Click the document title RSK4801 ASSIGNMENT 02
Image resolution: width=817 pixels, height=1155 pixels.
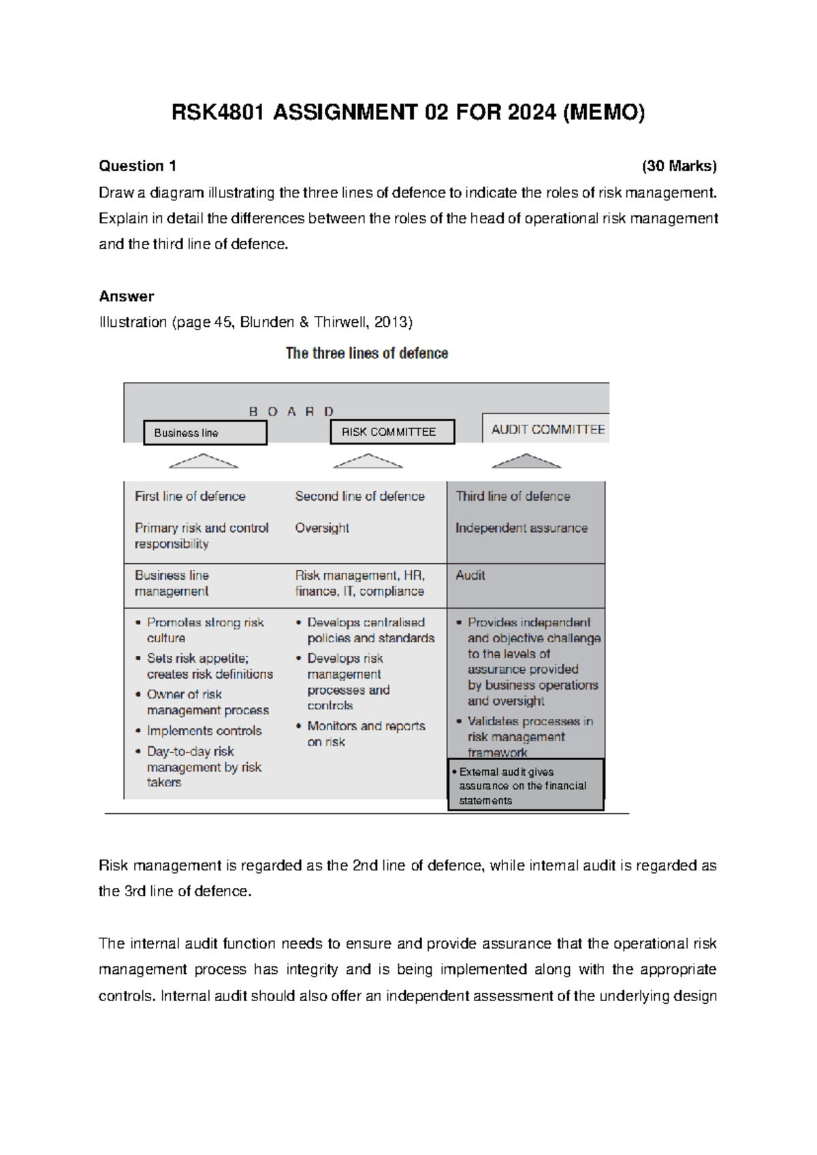tap(407, 112)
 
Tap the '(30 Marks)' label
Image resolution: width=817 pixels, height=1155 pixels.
tap(678, 166)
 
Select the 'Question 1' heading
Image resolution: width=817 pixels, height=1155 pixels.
tap(138, 166)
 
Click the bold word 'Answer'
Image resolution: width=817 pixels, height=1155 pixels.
tap(127, 296)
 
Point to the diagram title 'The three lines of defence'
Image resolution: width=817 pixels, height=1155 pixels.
tap(366, 353)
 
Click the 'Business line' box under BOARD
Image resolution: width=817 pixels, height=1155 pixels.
tap(205, 433)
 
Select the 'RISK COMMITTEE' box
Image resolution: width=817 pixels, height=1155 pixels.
tap(392, 432)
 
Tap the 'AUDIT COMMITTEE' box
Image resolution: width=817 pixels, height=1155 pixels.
tap(547, 429)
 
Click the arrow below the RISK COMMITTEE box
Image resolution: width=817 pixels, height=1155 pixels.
tap(368, 462)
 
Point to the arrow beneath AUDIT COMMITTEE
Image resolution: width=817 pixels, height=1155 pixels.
tap(526, 462)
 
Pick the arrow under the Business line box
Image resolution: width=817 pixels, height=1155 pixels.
tap(203, 462)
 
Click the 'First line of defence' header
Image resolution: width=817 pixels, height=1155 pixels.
tap(190, 496)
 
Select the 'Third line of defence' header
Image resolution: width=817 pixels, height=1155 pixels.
tap(513, 496)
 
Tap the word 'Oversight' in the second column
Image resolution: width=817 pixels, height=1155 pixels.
tap(322, 528)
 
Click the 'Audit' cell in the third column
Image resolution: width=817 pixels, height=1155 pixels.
tap(470, 575)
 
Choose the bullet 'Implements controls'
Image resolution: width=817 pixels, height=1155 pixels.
tap(204, 731)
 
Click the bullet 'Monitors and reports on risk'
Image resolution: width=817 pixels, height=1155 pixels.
tap(366, 733)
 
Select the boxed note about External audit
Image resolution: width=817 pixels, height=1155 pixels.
tap(526, 785)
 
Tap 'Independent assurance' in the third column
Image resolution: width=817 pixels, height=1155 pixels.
tap(522, 528)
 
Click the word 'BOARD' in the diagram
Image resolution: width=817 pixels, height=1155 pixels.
tap(291, 412)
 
